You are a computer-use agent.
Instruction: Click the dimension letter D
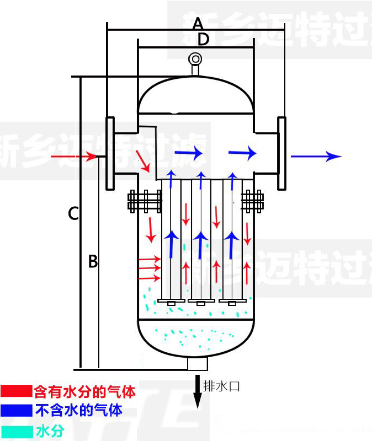pyautogui.click(x=203, y=39)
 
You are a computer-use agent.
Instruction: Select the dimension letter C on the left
pyautogui.click(x=73, y=213)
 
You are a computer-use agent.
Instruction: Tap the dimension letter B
pyautogui.click(x=93, y=261)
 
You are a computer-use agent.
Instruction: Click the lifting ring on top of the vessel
pyautogui.click(x=195, y=60)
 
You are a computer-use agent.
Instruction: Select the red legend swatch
pyautogui.click(x=15, y=391)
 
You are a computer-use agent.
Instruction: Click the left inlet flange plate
pyautogui.click(x=109, y=153)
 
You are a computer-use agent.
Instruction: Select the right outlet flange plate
pyautogui.click(x=281, y=153)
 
